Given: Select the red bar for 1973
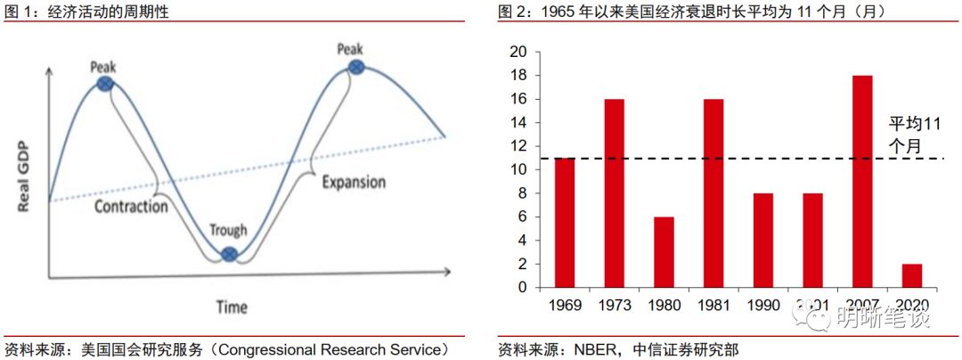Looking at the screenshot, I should point(614,193).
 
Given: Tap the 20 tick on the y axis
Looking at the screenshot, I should point(518,52).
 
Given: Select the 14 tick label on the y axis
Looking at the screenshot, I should point(518,123).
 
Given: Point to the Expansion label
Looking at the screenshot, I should point(354,183).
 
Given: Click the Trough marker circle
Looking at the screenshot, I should point(229,254).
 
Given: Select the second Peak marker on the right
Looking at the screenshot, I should point(355,67).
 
